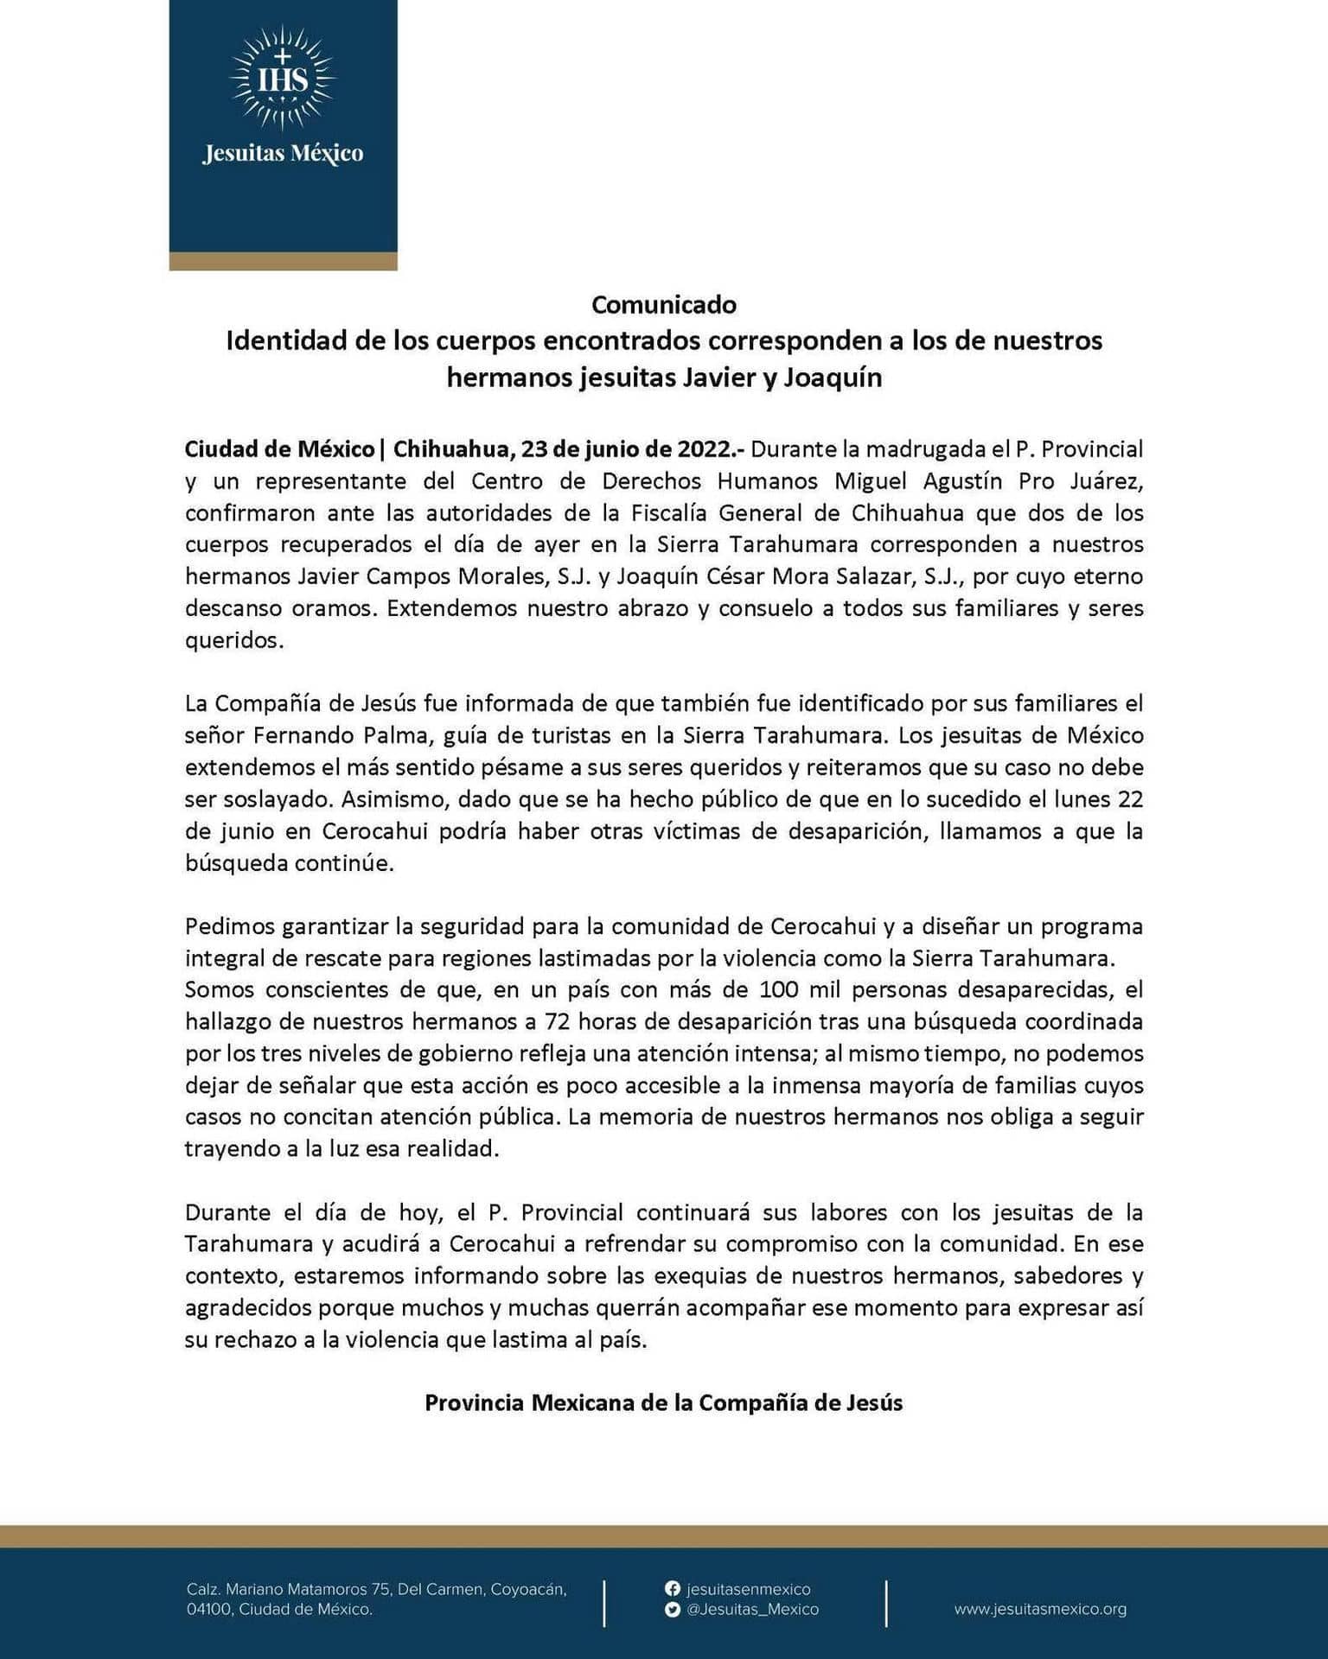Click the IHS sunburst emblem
[283, 79]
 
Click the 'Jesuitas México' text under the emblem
[283, 154]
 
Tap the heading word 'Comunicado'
[663, 304]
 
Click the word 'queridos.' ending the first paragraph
[234, 640]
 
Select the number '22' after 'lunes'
[1130, 799]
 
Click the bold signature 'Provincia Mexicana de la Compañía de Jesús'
[663, 1402]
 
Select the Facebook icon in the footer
[672, 1588]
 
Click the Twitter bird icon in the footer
[672, 1609]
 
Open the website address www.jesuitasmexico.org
[1040, 1609]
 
